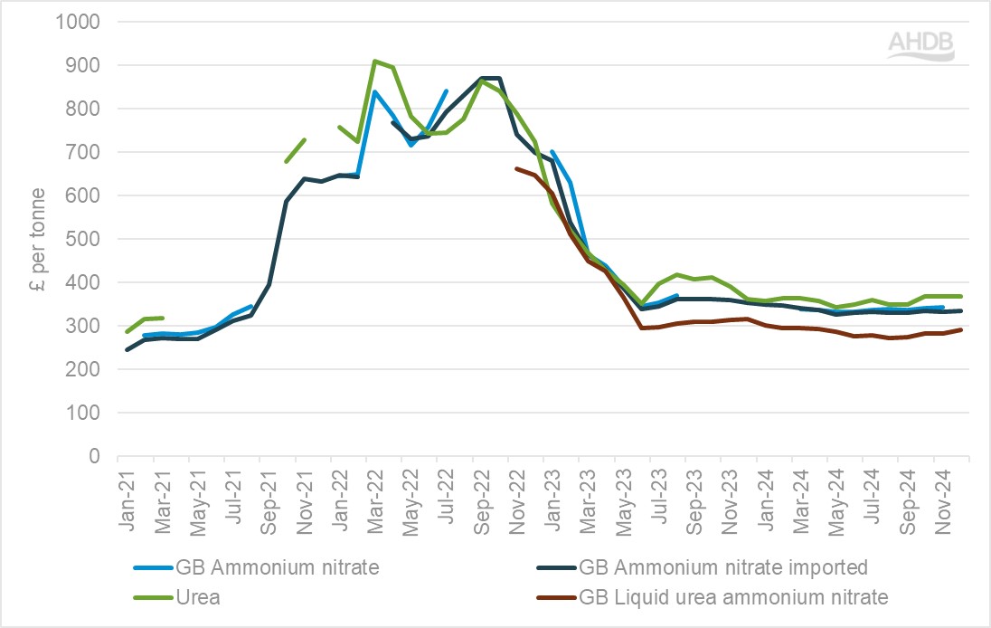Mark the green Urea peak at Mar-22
tap(375, 62)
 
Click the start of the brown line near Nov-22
tap(516, 168)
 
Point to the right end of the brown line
tap(961, 329)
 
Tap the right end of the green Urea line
tap(961, 296)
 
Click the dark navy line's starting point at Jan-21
tap(127, 349)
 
